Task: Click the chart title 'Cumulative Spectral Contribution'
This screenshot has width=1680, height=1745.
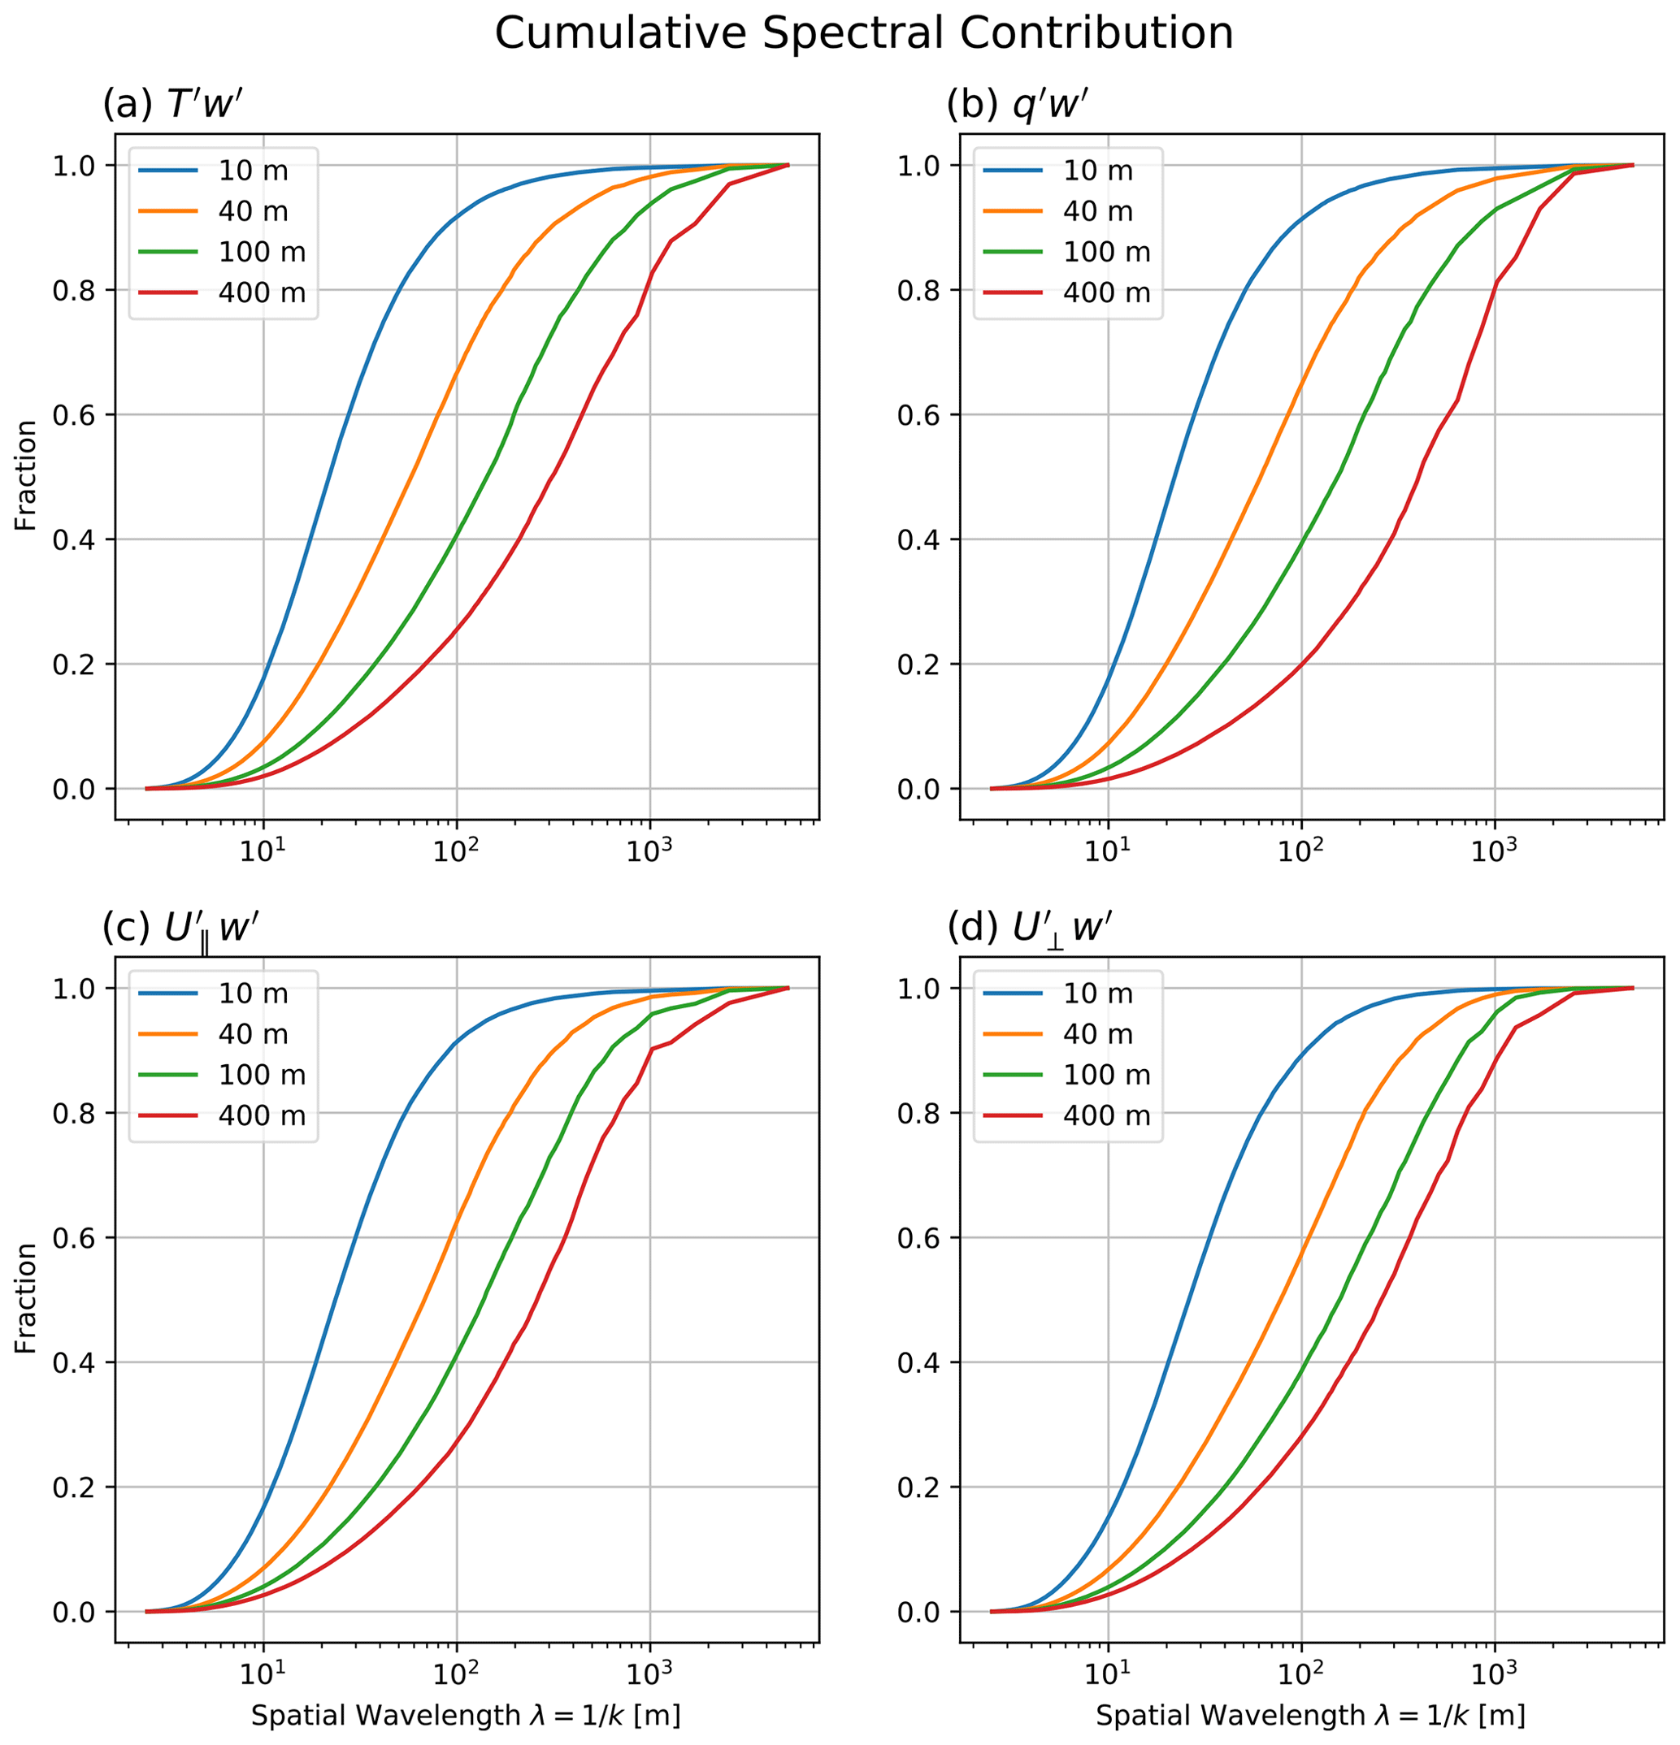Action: (x=863, y=34)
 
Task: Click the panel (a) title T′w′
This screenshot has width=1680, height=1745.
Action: (x=173, y=105)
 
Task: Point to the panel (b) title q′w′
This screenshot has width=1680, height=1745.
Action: (x=1018, y=105)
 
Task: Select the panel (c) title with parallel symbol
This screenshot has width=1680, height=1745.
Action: (x=180, y=929)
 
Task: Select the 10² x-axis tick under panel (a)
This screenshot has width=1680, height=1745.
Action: (x=456, y=853)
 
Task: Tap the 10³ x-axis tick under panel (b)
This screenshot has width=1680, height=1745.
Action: (x=1494, y=853)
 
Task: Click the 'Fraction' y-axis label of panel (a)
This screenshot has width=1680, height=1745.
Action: (x=26, y=475)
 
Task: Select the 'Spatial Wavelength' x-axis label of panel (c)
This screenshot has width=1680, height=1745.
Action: (x=466, y=1716)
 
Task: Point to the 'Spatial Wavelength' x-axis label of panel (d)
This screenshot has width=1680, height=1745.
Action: (x=1310, y=1716)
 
